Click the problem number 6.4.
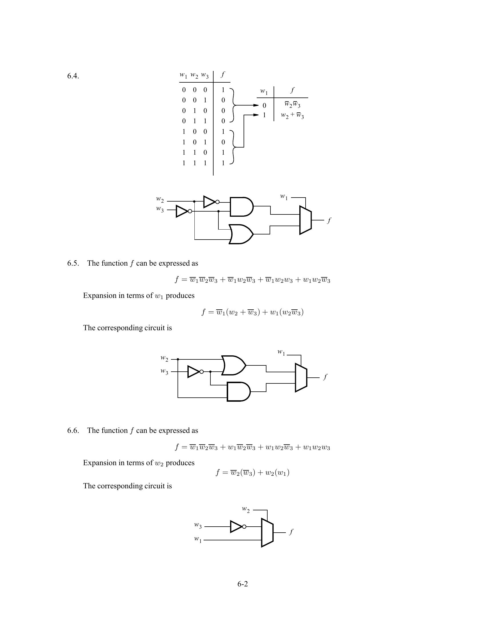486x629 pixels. [x=73, y=76]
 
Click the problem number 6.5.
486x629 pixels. [x=73, y=263]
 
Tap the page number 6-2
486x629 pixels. [x=242, y=584]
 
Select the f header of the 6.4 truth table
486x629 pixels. [x=222, y=75]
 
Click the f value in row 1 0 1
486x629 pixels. [x=223, y=142]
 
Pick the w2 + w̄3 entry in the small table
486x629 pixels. [x=292, y=116]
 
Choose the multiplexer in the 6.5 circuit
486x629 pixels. [x=301, y=378]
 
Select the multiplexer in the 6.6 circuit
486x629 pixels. [x=267, y=533]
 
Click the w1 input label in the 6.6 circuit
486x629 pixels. [x=198, y=539]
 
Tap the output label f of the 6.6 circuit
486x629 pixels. [x=291, y=532]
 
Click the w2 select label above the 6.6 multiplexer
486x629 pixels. [x=246, y=509]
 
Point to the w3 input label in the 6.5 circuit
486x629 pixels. [x=164, y=371]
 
